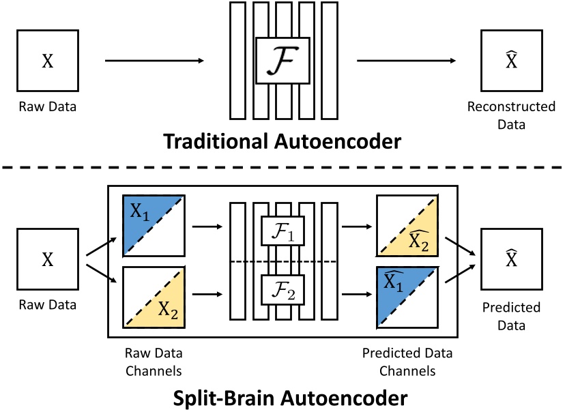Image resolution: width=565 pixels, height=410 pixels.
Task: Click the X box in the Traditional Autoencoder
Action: (47, 61)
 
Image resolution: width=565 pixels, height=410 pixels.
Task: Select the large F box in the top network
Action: (282, 61)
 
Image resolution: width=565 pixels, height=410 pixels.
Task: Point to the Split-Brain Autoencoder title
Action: (282, 395)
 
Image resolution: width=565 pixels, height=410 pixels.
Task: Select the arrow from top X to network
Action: (154, 61)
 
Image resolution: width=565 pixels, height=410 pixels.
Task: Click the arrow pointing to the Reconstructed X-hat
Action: (408, 61)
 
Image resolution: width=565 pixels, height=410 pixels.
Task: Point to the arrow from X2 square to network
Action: (207, 295)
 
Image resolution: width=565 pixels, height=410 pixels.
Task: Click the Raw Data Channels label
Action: (154, 362)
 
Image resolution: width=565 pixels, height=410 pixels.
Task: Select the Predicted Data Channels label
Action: (407, 362)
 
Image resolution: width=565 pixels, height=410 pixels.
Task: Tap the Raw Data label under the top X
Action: (47, 107)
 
